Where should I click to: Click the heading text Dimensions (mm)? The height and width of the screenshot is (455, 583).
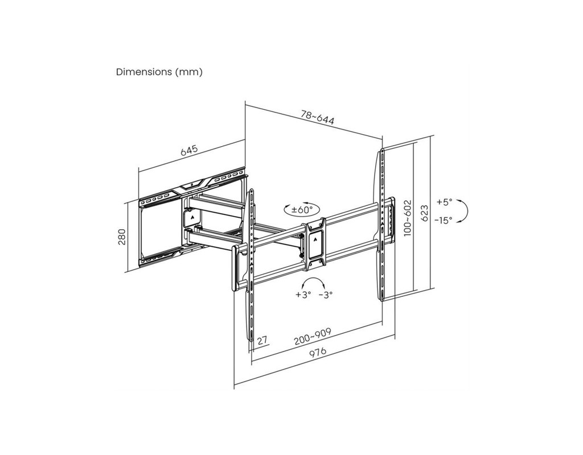point(159,72)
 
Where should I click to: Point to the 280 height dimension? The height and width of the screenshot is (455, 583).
point(122,237)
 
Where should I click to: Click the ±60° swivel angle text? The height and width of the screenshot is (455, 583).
point(302,209)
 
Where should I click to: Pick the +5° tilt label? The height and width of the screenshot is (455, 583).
point(444,202)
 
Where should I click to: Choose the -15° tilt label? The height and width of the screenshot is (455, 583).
point(443,220)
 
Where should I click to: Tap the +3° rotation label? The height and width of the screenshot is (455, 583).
point(303,295)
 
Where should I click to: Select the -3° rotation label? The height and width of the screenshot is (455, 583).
point(326,295)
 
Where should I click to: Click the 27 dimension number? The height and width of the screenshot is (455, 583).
point(263,340)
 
